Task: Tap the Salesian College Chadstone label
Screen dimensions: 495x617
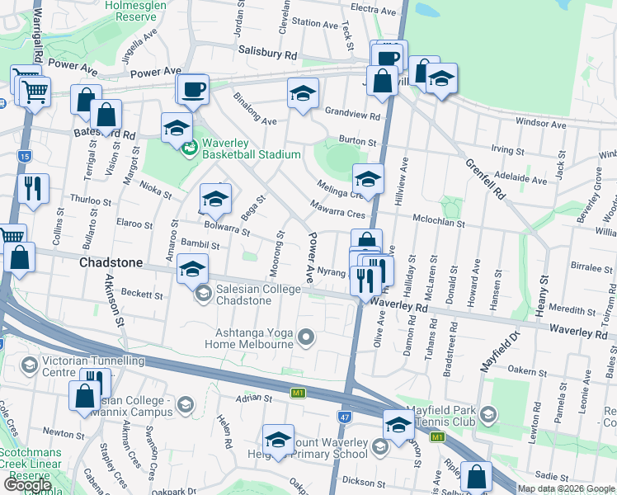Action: (x=243, y=295)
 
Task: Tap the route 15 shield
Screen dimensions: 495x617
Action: (x=23, y=156)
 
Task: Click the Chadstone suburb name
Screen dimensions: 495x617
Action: (x=111, y=262)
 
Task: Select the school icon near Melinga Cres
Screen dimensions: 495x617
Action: (x=368, y=177)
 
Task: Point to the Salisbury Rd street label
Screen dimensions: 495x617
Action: (x=266, y=52)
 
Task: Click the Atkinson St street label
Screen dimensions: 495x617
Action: (x=115, y=301)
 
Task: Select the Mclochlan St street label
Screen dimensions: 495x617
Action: (x=439, y=224)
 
